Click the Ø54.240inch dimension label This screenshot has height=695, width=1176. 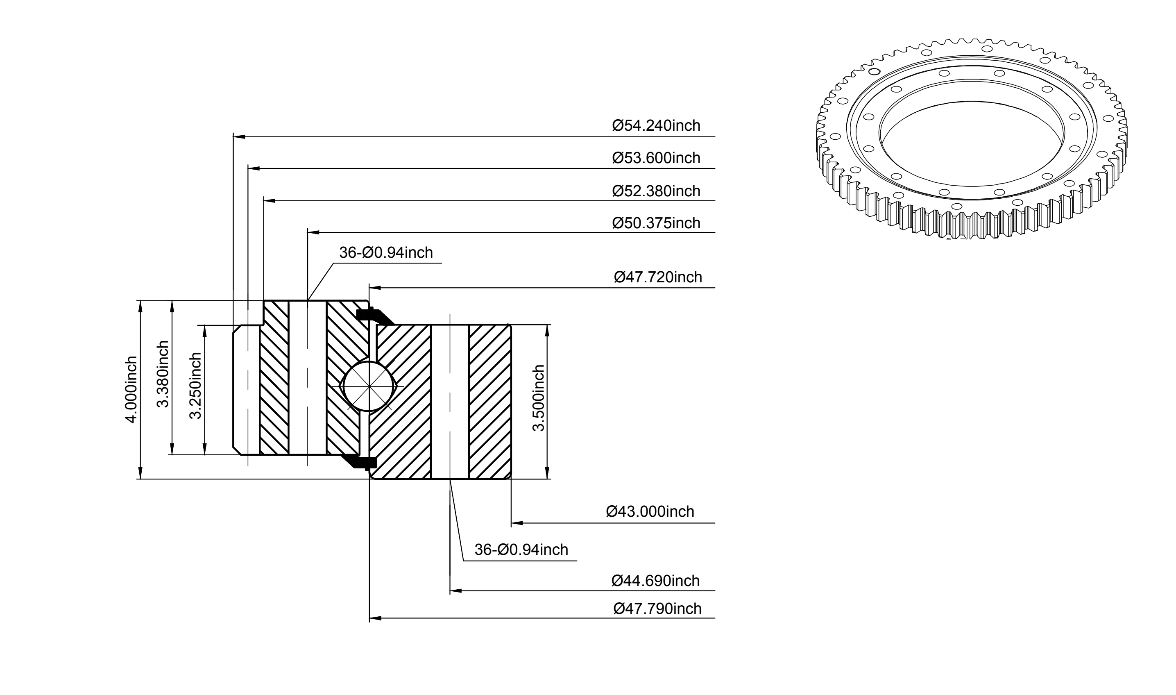point(656,125)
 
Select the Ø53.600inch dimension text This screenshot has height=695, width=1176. point(656,158)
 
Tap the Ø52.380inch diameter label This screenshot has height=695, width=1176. point(656,191)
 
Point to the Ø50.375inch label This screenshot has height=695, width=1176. point(656,223)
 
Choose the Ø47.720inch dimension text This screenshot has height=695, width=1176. point(658,277)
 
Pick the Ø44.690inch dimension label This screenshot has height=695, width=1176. point(655,581)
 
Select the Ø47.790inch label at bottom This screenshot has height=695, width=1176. point(658,609)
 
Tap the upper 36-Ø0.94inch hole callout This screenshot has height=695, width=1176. point(386,253)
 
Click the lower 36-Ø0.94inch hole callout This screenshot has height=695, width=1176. point(521,550)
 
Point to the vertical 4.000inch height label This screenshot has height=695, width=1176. point(131,390)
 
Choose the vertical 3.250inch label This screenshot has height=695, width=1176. point(195,386)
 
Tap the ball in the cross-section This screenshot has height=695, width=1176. point(369,387)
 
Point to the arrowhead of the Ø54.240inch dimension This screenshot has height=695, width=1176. point(239,137)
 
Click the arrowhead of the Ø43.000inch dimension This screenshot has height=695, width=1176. point(517,522)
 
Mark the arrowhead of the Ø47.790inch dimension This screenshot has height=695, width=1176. point(376,619)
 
